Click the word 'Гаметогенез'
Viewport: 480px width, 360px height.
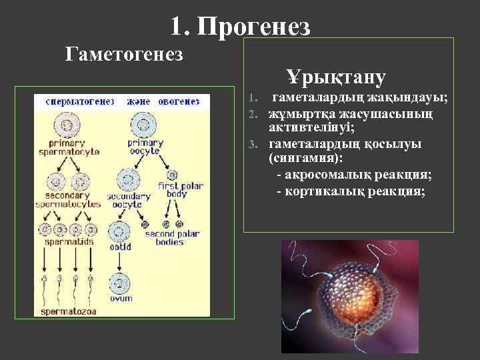pyautogui.click(x=125, y=53)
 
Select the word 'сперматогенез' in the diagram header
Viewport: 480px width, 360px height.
pyautogui.click(x=81, y=102)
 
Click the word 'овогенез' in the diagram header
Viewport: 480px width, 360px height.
pyautogui.click(x=179, y=102)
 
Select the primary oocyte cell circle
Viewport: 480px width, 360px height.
pyautogui.click(x=142, y=123)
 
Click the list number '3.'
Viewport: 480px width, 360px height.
pyautogui.click(x=252, y=143)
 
